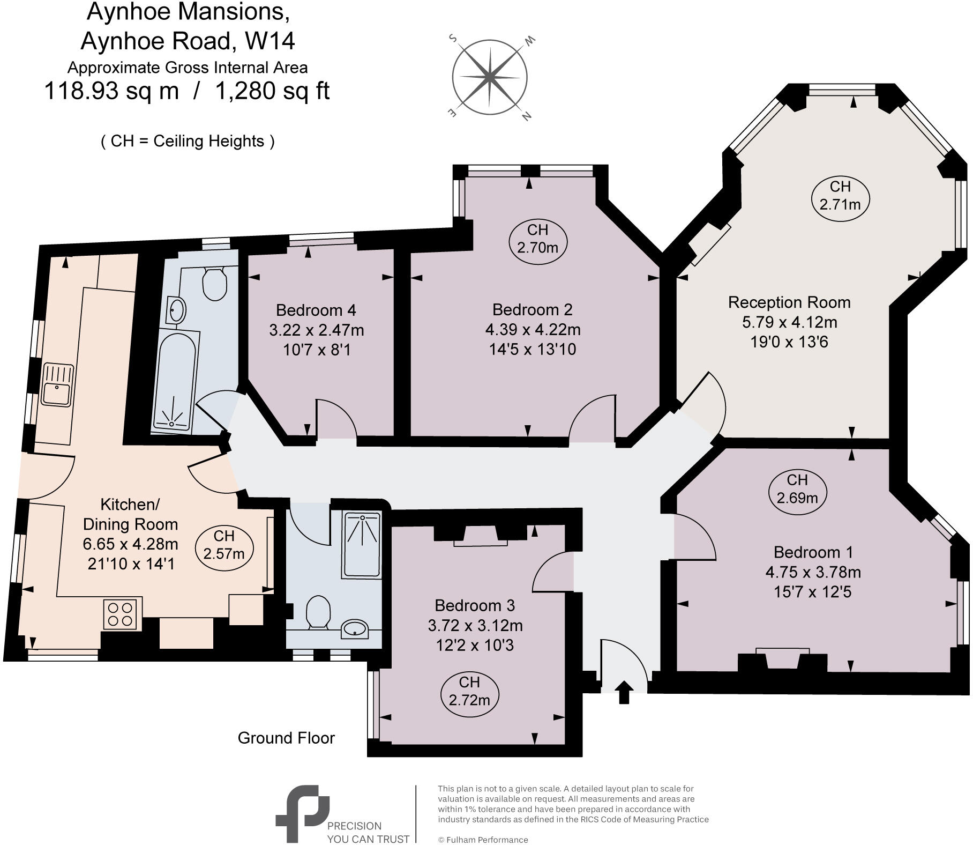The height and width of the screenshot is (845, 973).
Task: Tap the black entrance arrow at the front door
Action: click(x=623, y=692)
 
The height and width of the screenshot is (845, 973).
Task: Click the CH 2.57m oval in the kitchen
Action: click(x=223, y=544)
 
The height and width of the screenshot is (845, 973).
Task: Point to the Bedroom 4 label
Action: click(x=316, y=310)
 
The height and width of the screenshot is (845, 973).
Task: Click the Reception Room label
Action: click(x=789, y=302)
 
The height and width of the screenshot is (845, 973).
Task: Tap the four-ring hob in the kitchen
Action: click(x=122, y=614)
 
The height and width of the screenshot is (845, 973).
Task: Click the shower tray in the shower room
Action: click(x=362, y=544)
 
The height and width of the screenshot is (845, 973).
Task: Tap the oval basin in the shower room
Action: click(x=355, y=628)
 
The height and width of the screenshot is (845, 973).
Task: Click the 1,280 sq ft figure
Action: click(x=272, y=91)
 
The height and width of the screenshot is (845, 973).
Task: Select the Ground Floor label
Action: click(x=286, y=738)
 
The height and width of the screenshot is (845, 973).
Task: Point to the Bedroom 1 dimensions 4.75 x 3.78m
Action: click(x=813, y=572)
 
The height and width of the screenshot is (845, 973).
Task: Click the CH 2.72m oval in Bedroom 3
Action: click(x=469, y=691)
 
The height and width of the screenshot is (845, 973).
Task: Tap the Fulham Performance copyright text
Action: click(x=483, y=840)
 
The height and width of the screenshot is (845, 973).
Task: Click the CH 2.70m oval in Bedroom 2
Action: click(x=537, y=239)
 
